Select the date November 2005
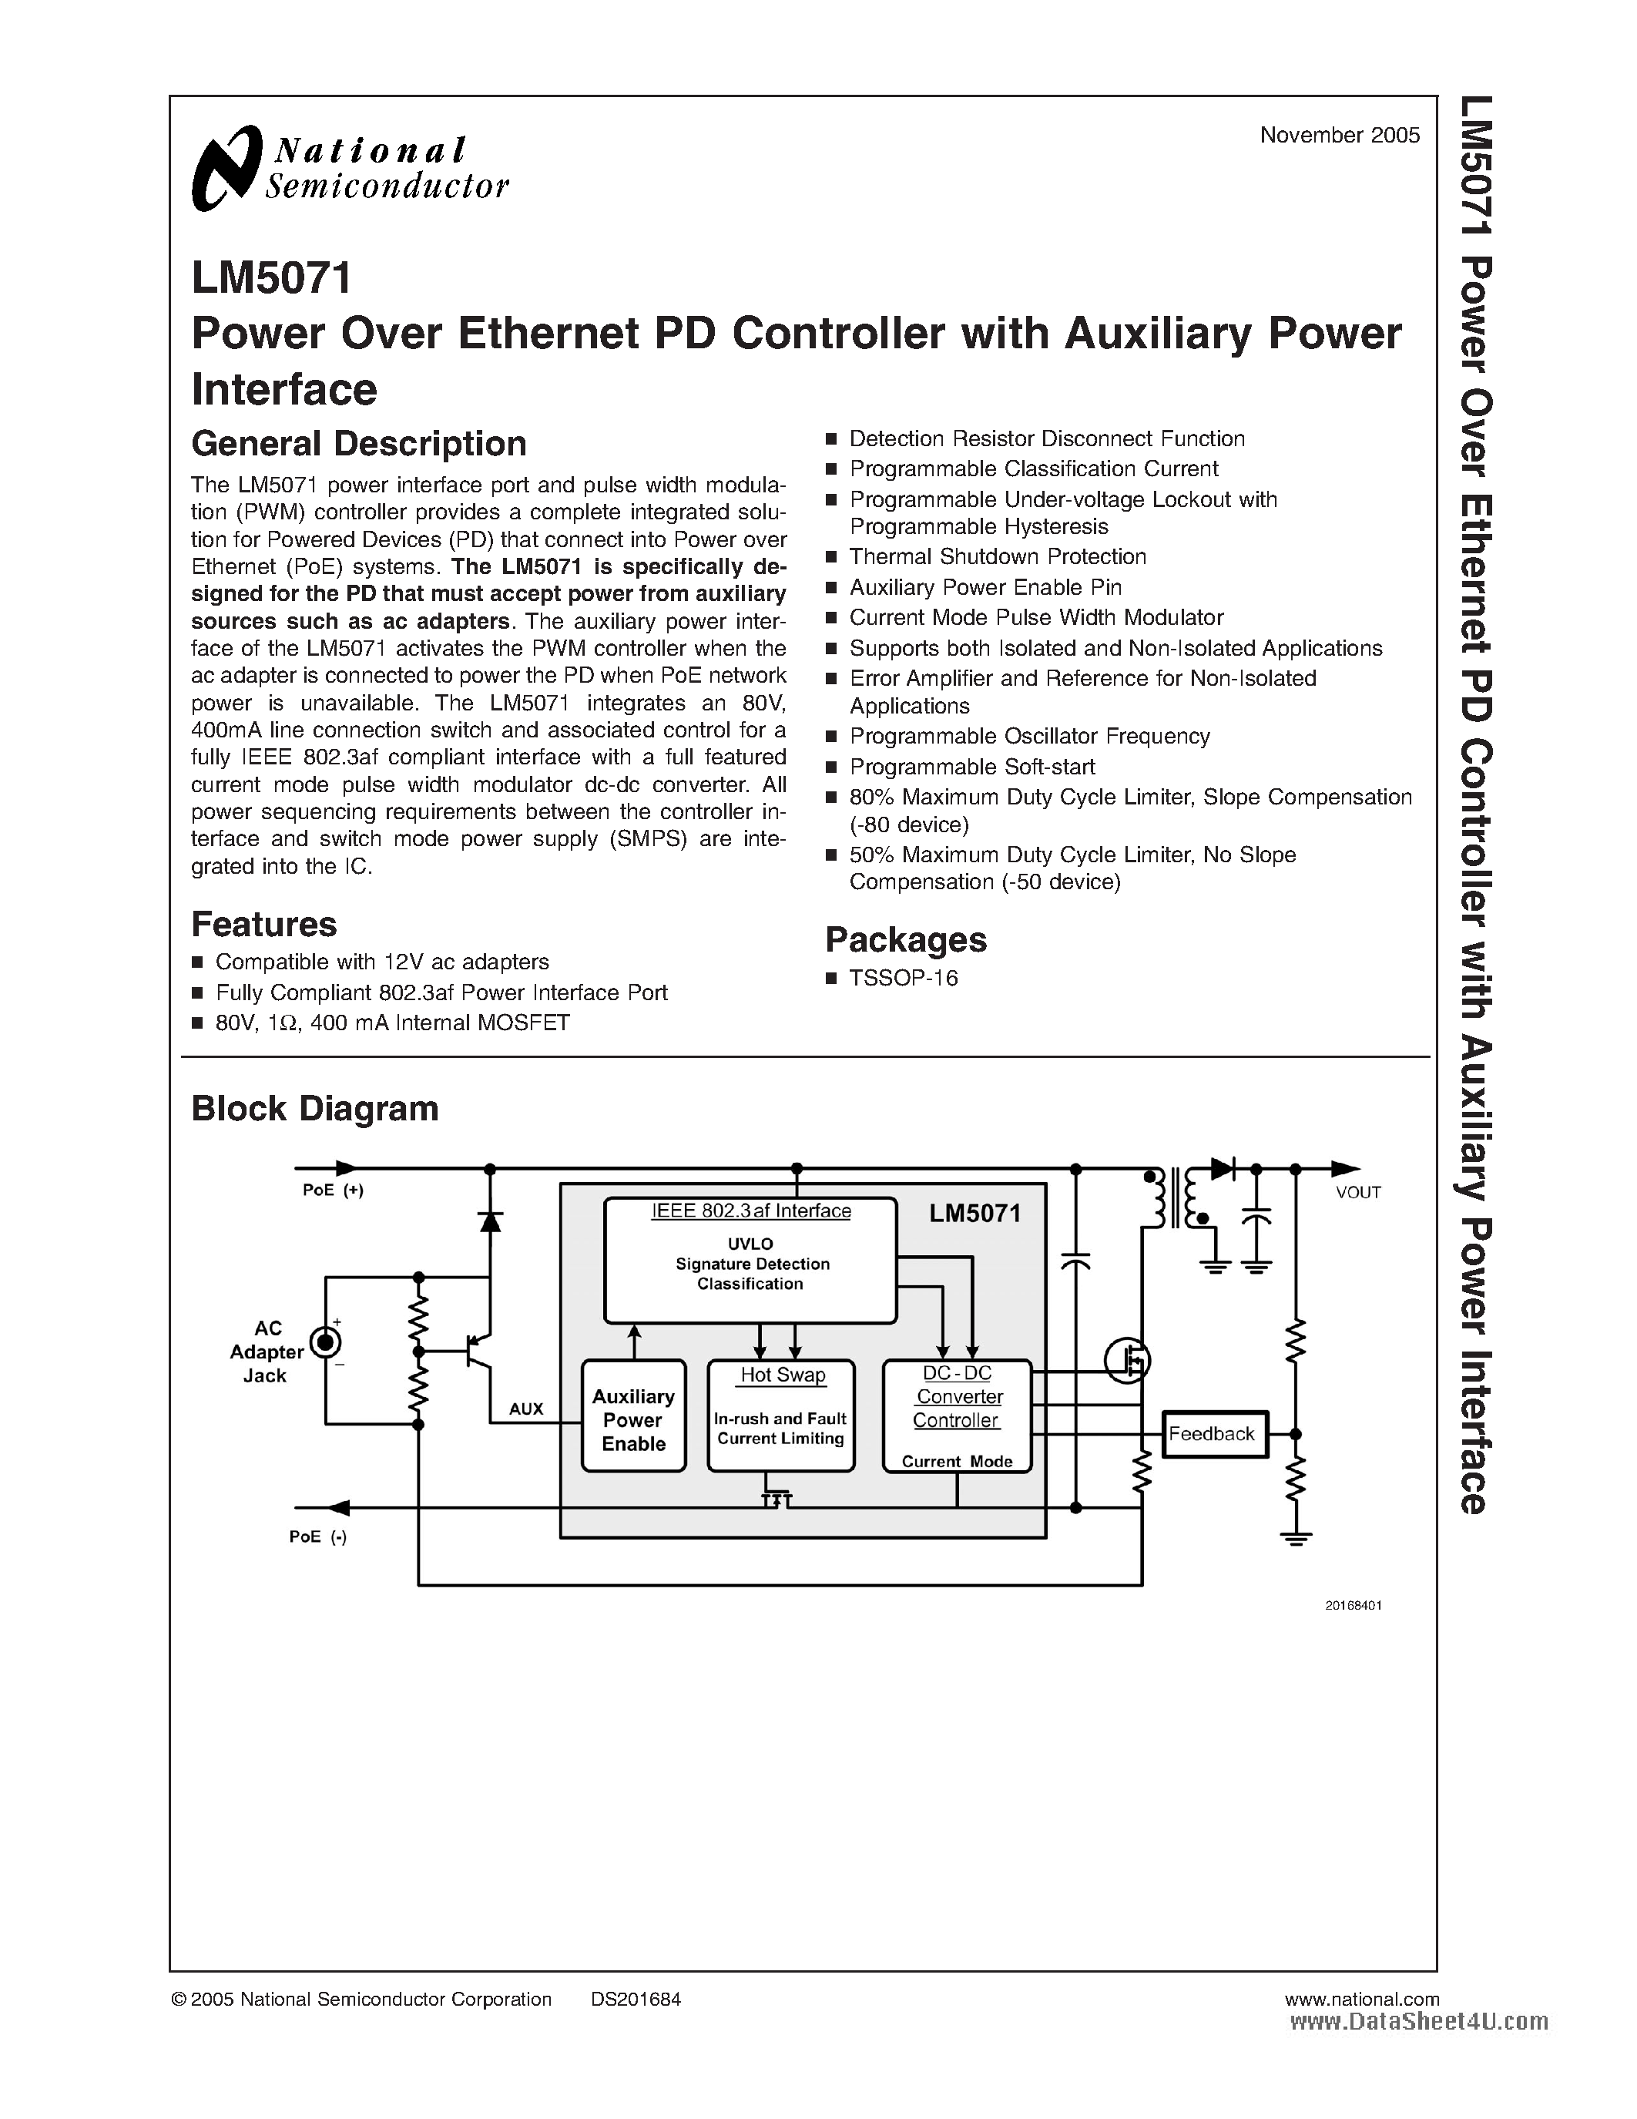tap(1340, 136)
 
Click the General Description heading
tap(359, 443)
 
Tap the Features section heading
tap(263, 924)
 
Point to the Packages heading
tap(905, 939)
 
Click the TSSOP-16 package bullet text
tap(903, 978)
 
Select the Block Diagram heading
tap(314, 1108)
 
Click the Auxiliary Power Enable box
tap(633, 1419)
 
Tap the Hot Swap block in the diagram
tap(780, 1415)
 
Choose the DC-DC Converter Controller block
tap(956, 1415)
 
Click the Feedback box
tap(1213, 1434)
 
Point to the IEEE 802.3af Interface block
tap(750, 1259)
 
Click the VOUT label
tap(1357, 1194)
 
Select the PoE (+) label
tap(333, 1190)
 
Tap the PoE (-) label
tap(318, 1537)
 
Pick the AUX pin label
tap(525, 1409)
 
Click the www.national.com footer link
tap(1360, 1999)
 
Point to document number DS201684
tap(636, 1999)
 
